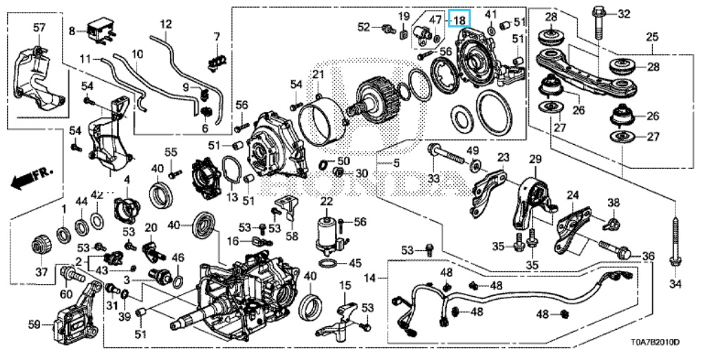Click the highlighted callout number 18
[459, 20]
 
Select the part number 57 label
[39, 27]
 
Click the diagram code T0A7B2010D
[654, 342]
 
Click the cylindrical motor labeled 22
[327, 235]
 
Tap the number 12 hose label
[165, 25]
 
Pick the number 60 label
[68, 293]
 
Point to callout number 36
[648, 256]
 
